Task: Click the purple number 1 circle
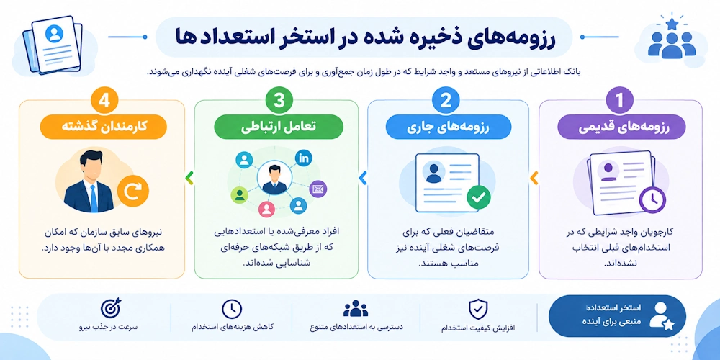click(621, 100)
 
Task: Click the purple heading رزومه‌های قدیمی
click(621, 126)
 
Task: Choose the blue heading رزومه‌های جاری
click(448, 126)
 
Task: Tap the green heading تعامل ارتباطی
click(279, 126)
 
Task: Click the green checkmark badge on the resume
click(479, 197)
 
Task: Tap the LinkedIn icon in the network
click(304, 158)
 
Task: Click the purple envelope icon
click(318, 189)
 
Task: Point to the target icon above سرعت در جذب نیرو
click(110, 309)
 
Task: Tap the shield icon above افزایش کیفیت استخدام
click(478, 309)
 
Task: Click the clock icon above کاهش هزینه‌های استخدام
click(232, 309)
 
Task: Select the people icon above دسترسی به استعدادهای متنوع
click(356, 309)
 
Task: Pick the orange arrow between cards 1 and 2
click(534, 178)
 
